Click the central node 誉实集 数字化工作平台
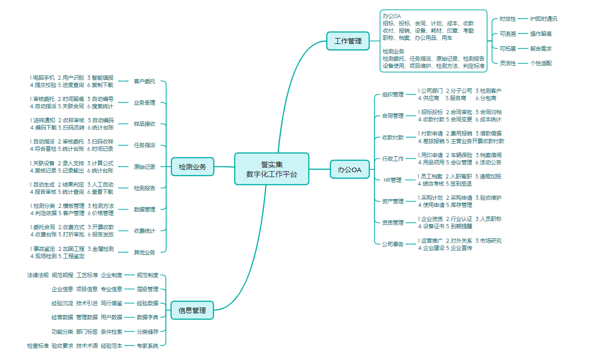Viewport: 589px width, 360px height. click(x=272, y=169)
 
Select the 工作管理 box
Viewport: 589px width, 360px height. click(x=348, y=41)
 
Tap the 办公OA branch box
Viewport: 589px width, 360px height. click(x=350, y=169)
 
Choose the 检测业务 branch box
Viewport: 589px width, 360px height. click(x=192, y=167)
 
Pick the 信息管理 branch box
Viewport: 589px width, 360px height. click(x=192, y=310)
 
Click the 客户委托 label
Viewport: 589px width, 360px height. click(x=144, y=82)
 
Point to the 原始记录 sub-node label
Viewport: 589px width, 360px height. click(x=144, y=167)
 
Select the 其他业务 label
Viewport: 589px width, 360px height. click(x=144, y=252)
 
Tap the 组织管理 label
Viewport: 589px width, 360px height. click(x=393, y=95)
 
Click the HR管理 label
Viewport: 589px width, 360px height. click(x=393, y=180)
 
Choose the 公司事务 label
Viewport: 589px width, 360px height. click(x=393, y=244)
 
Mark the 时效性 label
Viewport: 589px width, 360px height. click(x=508, y=19)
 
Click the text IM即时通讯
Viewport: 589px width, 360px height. click(x=544, y=19)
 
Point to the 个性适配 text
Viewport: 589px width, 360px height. click(x=541, y=63)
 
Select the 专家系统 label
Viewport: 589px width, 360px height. click(x=148, y=346)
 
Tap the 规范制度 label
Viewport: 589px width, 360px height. click(x=148, y=275)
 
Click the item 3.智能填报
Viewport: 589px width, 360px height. click(x=101, y=77)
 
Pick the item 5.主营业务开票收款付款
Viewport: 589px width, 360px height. click(x=475, y=141)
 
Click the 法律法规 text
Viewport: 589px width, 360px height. click(x=38, y=275)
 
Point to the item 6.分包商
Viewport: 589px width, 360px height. click(x=485, y=98)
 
